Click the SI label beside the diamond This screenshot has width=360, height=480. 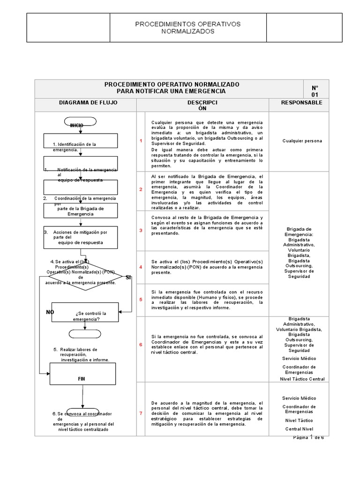(x=128, y=278)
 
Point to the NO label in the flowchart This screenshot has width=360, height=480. (x=50, y=312)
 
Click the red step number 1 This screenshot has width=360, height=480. (x=141, y=141)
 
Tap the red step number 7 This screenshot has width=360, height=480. (x=141, y=413)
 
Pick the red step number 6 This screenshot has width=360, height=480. (x=141, y=345)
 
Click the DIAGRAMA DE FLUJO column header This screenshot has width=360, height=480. (x=85, y=103)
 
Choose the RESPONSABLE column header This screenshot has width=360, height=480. (x=301, y=103)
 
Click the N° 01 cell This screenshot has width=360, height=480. (x=315, y=91)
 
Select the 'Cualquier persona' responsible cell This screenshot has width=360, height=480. (x=302, y=141)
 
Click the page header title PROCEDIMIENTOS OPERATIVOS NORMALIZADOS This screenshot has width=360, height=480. (x=187, y=27)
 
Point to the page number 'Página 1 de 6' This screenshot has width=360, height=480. (x=308, y=437)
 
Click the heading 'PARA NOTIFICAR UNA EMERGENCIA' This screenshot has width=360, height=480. (x=171, y=91)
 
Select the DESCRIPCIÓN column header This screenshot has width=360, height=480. (x=202, y=105)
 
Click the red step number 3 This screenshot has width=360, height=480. (x=141, y=231)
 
